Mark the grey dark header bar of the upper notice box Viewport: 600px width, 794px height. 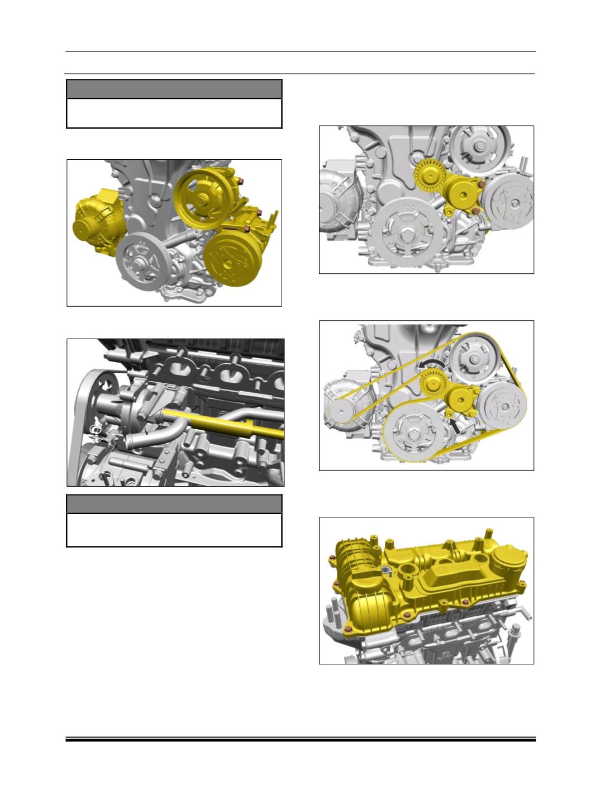(x=174, y=89)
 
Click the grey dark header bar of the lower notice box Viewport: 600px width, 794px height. (x=174, y=503)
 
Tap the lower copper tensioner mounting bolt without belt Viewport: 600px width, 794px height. (x=474, y=210)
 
